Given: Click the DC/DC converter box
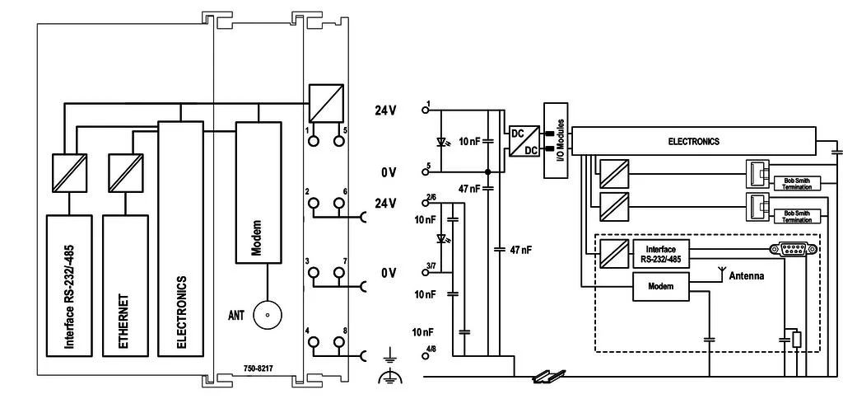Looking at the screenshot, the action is click(x=524, y=141).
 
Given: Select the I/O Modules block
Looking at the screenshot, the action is click(x=556, y=140).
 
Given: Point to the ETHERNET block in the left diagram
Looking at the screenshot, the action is click(x=125, y=285).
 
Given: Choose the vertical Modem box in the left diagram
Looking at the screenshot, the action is click(x=258, y=192).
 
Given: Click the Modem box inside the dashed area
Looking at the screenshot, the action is click(x=661, y=286).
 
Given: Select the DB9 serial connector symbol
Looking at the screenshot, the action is click(x=794, y=249).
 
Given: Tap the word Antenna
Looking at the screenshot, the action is click(x=746, y=276).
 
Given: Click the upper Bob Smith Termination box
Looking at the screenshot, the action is click(x=797, y=183).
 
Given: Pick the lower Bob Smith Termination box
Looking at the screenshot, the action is click(x=797, y=217).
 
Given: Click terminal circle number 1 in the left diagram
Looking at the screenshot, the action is click(x=313, y=140).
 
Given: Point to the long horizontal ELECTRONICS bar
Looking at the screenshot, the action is click(x=693, y=142).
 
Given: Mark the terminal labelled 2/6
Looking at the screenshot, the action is click(x=426, y=204).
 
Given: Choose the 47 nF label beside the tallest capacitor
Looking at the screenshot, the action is click(x=520, y=250).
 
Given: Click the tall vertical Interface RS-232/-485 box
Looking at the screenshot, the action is click(x=69, y=285).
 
